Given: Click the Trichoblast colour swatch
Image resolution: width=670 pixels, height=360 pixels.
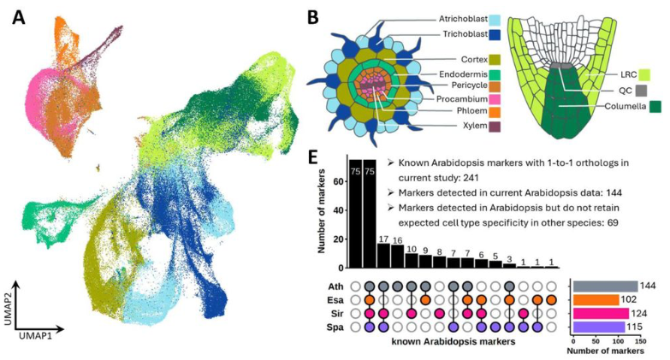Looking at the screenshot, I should (x=493, y=35).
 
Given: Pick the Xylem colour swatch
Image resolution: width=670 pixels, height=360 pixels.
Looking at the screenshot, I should (x=493, y=127).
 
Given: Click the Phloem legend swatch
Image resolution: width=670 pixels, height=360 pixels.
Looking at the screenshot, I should (x=493, y=111).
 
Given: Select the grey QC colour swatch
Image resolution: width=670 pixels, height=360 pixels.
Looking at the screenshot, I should (x=655, y=89).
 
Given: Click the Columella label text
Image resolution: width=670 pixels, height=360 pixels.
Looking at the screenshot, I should (x=623, y=107).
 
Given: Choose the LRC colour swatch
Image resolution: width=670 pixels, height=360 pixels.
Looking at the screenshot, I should (x=655, y=74).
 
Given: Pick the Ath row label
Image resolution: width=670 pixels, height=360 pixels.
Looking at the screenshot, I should (x=340, y=286).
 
